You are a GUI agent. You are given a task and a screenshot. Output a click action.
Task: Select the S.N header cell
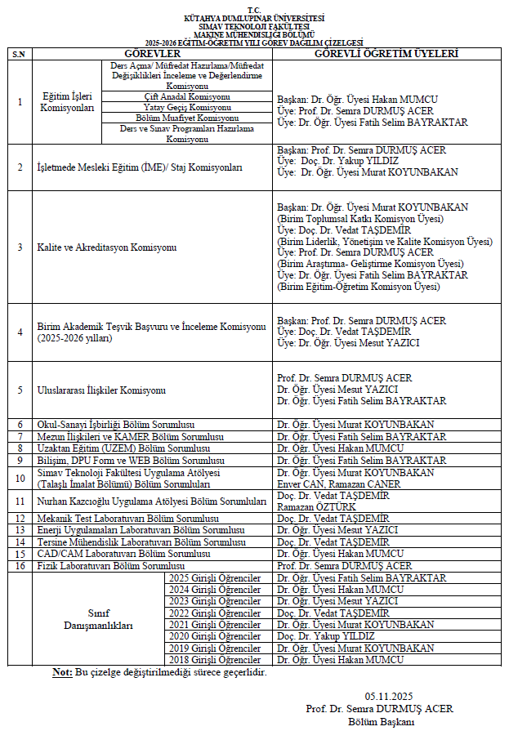coord(20,54)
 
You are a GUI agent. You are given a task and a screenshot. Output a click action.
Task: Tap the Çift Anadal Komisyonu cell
coord(188,96)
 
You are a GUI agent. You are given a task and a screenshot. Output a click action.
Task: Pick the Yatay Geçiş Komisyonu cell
coord(188,107)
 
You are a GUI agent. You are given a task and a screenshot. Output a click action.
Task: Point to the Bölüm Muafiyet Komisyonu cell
coord(188,118)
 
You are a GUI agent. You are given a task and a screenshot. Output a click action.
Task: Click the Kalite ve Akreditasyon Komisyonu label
coord(105,247)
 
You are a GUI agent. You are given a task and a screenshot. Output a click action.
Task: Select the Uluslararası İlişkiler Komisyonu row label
coord(101,390)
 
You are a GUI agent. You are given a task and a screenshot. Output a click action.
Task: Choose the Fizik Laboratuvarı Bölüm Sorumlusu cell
coord(111,565)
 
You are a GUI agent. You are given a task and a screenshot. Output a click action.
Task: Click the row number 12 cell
coord(20,519)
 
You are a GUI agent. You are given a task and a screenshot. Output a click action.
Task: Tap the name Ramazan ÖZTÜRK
coord(315,507)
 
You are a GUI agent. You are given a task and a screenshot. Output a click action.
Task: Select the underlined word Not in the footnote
coord(62,673)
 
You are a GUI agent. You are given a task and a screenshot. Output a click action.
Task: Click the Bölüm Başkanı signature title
coord(382,721)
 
